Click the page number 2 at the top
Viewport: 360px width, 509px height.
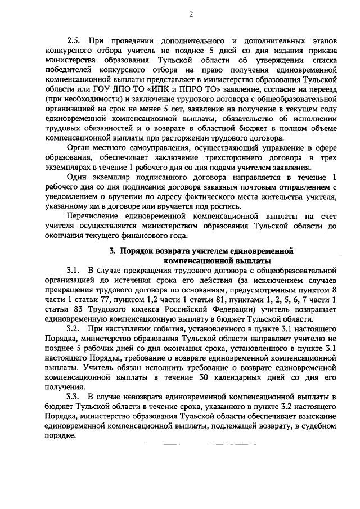pos(191,15)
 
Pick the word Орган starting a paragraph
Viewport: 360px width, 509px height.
pos(79,148)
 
